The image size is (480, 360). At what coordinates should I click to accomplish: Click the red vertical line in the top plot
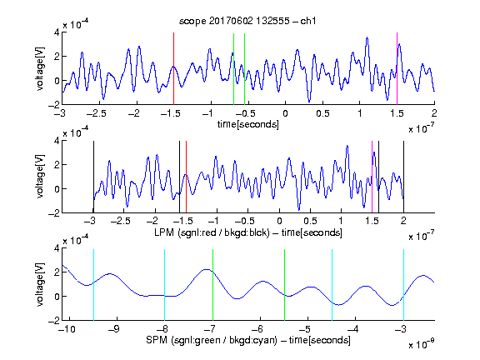(174, 68)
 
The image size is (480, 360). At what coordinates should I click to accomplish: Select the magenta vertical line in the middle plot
(372, 177)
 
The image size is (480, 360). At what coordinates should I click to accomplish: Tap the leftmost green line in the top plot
(234, 69)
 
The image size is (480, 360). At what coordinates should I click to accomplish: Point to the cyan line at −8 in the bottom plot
(165, 285)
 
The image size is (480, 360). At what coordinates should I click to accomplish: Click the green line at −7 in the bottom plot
(212, 285)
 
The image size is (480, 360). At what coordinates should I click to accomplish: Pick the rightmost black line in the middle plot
(403, 177)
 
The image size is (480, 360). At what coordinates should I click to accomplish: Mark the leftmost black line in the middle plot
(93, 177)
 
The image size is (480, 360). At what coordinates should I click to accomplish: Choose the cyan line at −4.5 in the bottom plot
(332, 285)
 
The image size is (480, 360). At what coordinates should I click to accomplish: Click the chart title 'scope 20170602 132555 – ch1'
(247, 21)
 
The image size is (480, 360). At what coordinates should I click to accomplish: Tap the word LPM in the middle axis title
(164, 232)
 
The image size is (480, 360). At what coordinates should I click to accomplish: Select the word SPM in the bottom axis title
(157, 340)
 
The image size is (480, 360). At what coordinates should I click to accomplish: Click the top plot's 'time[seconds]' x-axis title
(248, 124)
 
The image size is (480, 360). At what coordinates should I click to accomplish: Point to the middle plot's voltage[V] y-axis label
(40, 177)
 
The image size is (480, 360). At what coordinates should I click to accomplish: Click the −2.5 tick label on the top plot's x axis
(96, 113)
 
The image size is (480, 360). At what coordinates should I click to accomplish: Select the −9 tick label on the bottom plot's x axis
(114, 329)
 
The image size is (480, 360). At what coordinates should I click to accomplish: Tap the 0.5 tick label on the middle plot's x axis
(310, 221)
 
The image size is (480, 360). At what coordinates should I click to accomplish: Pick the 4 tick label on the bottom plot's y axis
(57, 248)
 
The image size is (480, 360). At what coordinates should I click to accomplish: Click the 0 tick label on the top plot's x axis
(285, 113)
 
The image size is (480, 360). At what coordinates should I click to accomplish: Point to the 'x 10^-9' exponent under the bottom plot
(421, 344)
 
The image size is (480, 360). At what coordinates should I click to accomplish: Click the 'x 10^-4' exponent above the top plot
(76, 23)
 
